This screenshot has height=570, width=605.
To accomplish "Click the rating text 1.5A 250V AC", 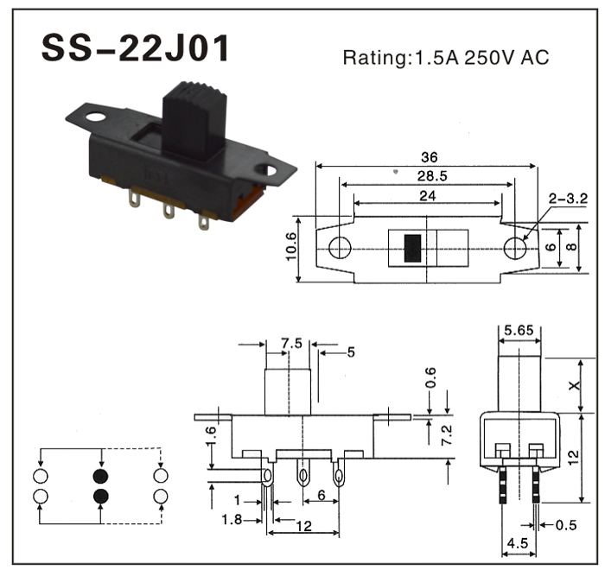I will click(x=445, y=58).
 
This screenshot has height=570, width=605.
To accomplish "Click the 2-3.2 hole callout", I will click(x=568, y=199).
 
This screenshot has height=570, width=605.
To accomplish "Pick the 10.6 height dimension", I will click(x=290, y=249).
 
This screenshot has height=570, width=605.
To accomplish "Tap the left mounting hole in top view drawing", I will click(x=341, y=248).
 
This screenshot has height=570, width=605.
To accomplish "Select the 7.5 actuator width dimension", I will click(x=291, y=343).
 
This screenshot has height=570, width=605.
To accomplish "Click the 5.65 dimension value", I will click(x=519, y=329).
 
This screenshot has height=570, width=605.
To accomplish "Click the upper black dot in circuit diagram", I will click(x=101, y=476).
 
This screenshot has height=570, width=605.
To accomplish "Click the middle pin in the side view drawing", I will click(x=303, y=474).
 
